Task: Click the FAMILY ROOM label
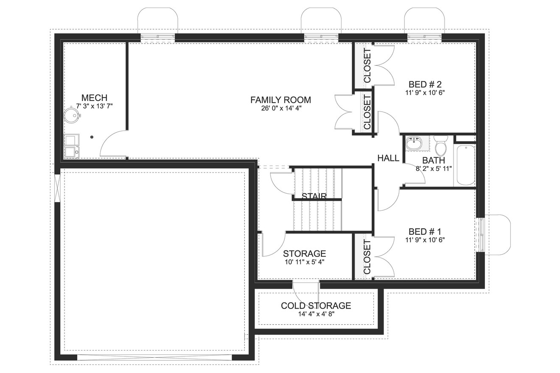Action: click(280, 100)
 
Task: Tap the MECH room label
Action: click(94, 98)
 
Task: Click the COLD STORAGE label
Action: click(316, 306)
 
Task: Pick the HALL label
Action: click(388, 158)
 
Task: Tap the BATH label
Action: click(434, 160)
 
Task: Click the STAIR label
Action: click(314, 196)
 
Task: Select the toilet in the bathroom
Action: click(441, 146)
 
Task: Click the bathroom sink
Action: click(413, 143)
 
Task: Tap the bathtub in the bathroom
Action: click(465, 165)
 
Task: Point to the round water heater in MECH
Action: click(72, 115)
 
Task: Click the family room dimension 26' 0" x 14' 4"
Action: click(280, 108)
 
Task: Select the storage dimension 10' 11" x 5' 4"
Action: click(305, 262)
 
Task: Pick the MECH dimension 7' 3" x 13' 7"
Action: click(94, 106)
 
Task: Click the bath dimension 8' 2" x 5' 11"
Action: click(434, 168)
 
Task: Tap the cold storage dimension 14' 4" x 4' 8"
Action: click(316, 314)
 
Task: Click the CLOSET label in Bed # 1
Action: click(367, 256)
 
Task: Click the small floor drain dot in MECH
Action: click(92, 137)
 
